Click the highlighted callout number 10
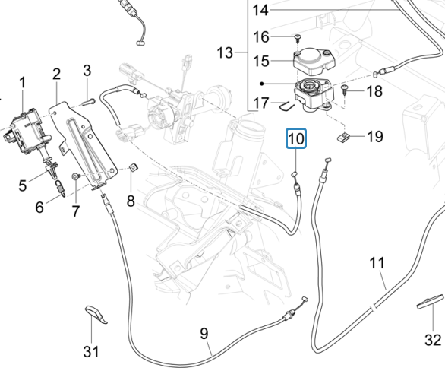[x=296, y=138]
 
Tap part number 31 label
[x=91, y=351]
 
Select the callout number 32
[x=433, y=340]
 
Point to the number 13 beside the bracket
[x=225, y=53]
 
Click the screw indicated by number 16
[x=298, y=38]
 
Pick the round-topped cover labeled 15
[x=314, y=61]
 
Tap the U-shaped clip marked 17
[x=286, y=106]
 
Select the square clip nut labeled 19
[x=343, y=138]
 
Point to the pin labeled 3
[x=89, y=101]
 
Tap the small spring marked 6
[x=60, y=188]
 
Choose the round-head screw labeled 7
[x=76, y=176]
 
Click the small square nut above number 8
[x=133, y=167]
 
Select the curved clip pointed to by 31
[x=96, y=314]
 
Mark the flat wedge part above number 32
[x=430, y=301]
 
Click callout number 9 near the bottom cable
[x=204, y=334]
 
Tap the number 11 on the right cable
[x=377, y=263]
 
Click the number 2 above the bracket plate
[x=56, y=74]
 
